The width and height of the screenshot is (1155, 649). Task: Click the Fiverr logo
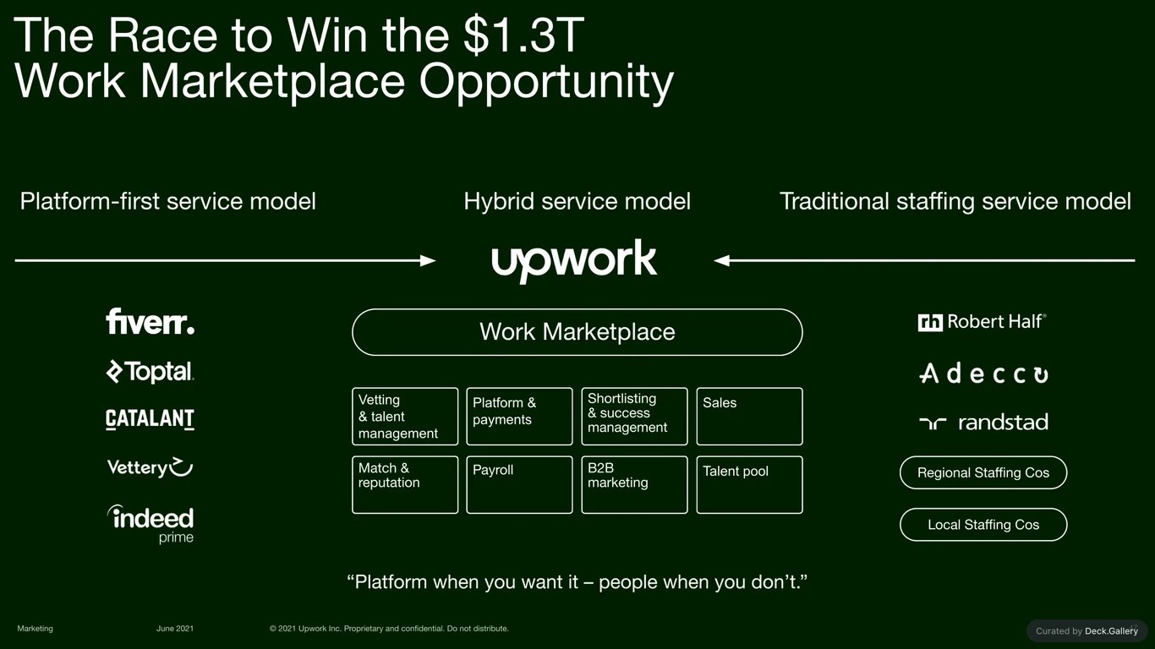150,321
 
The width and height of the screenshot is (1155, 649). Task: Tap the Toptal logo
150,371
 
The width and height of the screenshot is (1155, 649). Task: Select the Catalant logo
150,418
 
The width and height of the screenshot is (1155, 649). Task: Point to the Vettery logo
150,467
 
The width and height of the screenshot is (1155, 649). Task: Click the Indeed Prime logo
151,524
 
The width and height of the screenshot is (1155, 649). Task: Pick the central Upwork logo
574,260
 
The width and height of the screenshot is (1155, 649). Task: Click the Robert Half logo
983,322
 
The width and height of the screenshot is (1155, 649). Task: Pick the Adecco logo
983,374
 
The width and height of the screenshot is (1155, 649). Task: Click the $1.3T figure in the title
523,35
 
